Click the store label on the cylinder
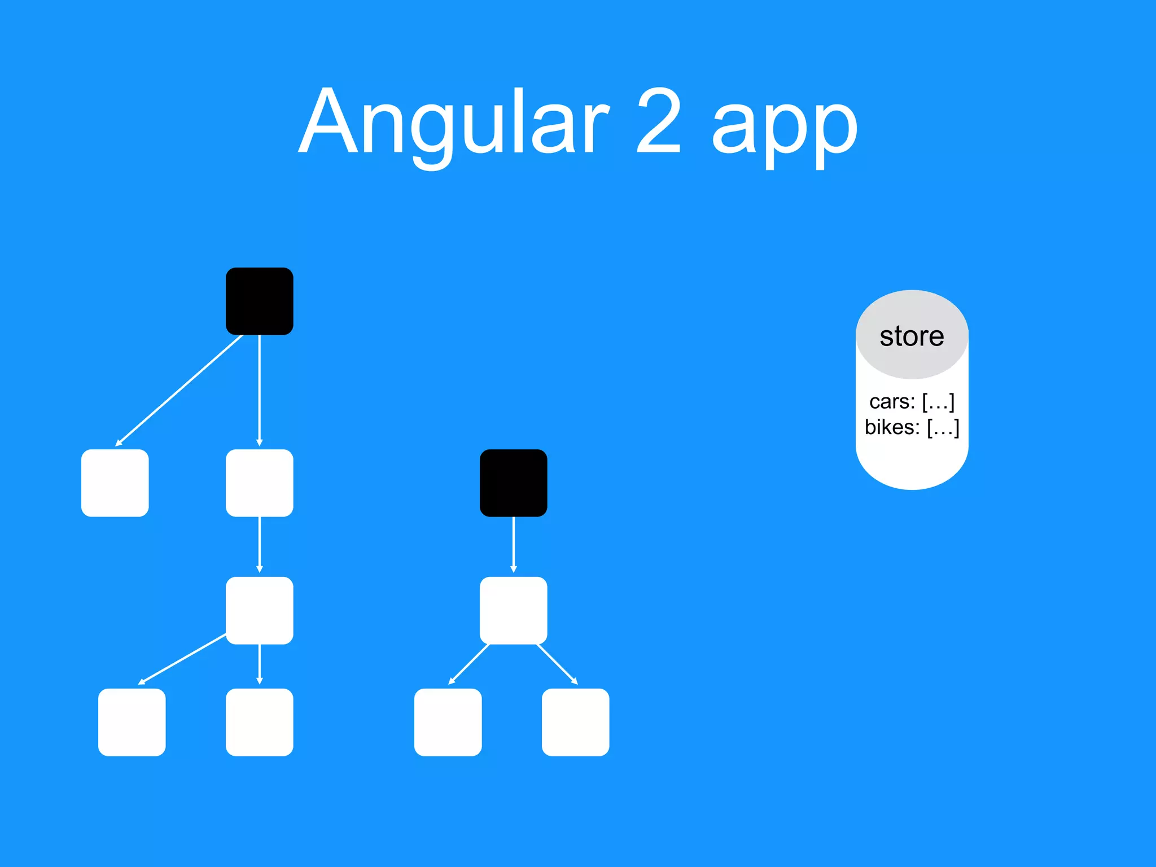pos(912,336)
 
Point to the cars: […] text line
pos(912,401)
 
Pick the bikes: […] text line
pos(912,427)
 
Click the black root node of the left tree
pos(259,301)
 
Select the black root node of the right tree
pos(513,483)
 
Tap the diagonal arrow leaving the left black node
pos(179,390)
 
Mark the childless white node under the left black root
pos(115,483)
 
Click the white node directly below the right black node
pos(513,610)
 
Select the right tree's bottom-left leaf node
pos(448,722)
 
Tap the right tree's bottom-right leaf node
pos(575,722)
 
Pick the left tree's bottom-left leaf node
pos(132,722)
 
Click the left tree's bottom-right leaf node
pos(259,722)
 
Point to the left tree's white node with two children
pos(259,610)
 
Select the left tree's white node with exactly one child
pos(259,483)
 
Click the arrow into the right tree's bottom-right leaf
pos(557,664)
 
